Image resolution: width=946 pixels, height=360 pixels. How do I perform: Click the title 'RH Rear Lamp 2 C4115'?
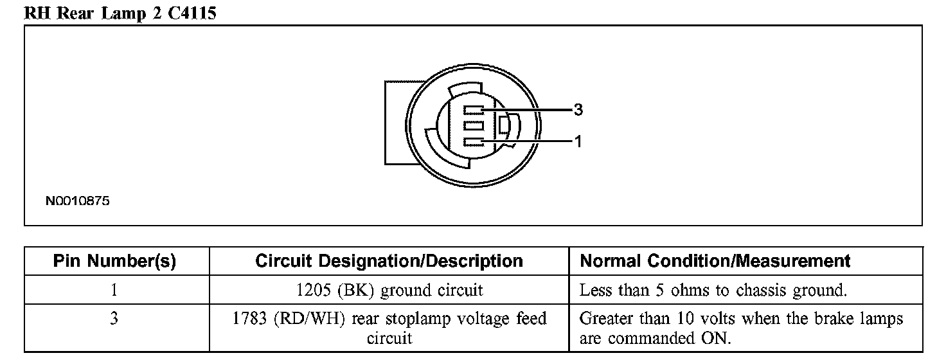click(120, 14)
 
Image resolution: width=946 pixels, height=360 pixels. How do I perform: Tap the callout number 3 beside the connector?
click(578, 111)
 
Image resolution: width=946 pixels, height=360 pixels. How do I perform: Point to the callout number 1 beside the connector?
click(578, 141)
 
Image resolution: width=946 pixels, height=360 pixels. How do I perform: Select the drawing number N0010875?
click(77, 201)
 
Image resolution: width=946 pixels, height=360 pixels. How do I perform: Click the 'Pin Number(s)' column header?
click(114, 261)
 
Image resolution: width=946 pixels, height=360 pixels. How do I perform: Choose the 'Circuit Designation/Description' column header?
click(389, 261)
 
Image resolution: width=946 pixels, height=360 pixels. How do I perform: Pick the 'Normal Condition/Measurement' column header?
click(715, 261)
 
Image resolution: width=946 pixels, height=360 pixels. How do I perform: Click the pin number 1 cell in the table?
click(114, 290)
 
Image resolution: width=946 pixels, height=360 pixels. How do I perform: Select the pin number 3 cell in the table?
click(114, 318)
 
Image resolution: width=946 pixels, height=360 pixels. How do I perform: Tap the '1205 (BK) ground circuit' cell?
click(389, 290)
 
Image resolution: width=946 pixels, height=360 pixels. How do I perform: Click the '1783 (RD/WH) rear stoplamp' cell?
click(389, 327)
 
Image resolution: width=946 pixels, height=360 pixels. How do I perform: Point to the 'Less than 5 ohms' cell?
click(713, 290)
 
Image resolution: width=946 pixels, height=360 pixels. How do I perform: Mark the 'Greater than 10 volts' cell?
click(741, 327)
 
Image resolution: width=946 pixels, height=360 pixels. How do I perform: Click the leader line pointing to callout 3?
click(533, 111)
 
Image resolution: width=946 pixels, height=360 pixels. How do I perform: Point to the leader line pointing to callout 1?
click(533, 141)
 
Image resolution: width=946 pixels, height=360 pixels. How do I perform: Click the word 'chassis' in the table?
click(765, 290)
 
